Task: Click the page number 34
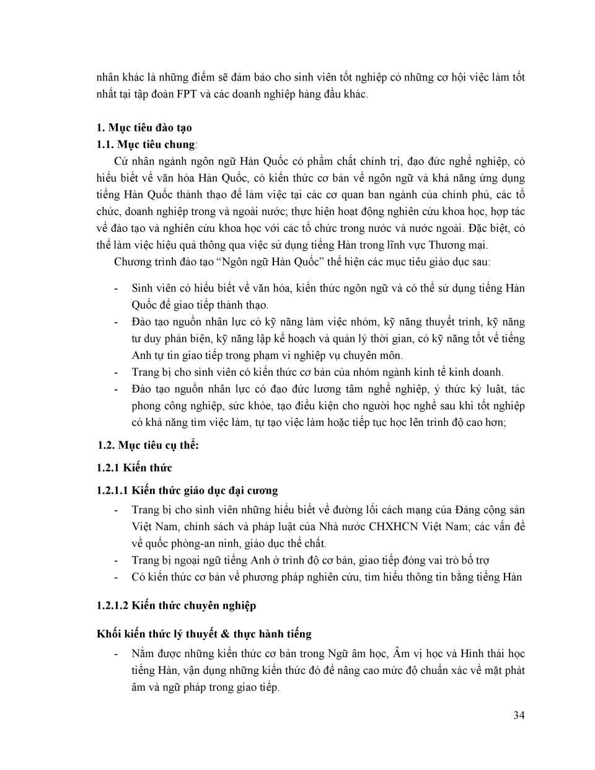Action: click(519, 715)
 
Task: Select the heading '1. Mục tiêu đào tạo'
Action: click(144, 128)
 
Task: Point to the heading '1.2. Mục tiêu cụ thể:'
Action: click(148, 445)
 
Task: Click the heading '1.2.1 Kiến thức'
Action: click(134, 467)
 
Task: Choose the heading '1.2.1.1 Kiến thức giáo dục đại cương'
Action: click(188, 490)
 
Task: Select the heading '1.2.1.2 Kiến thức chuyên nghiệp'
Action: click(177, 605)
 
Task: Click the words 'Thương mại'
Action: click(459, 245)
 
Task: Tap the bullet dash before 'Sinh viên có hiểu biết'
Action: click(117, 288)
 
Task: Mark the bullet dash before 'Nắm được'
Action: click(117, 653)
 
